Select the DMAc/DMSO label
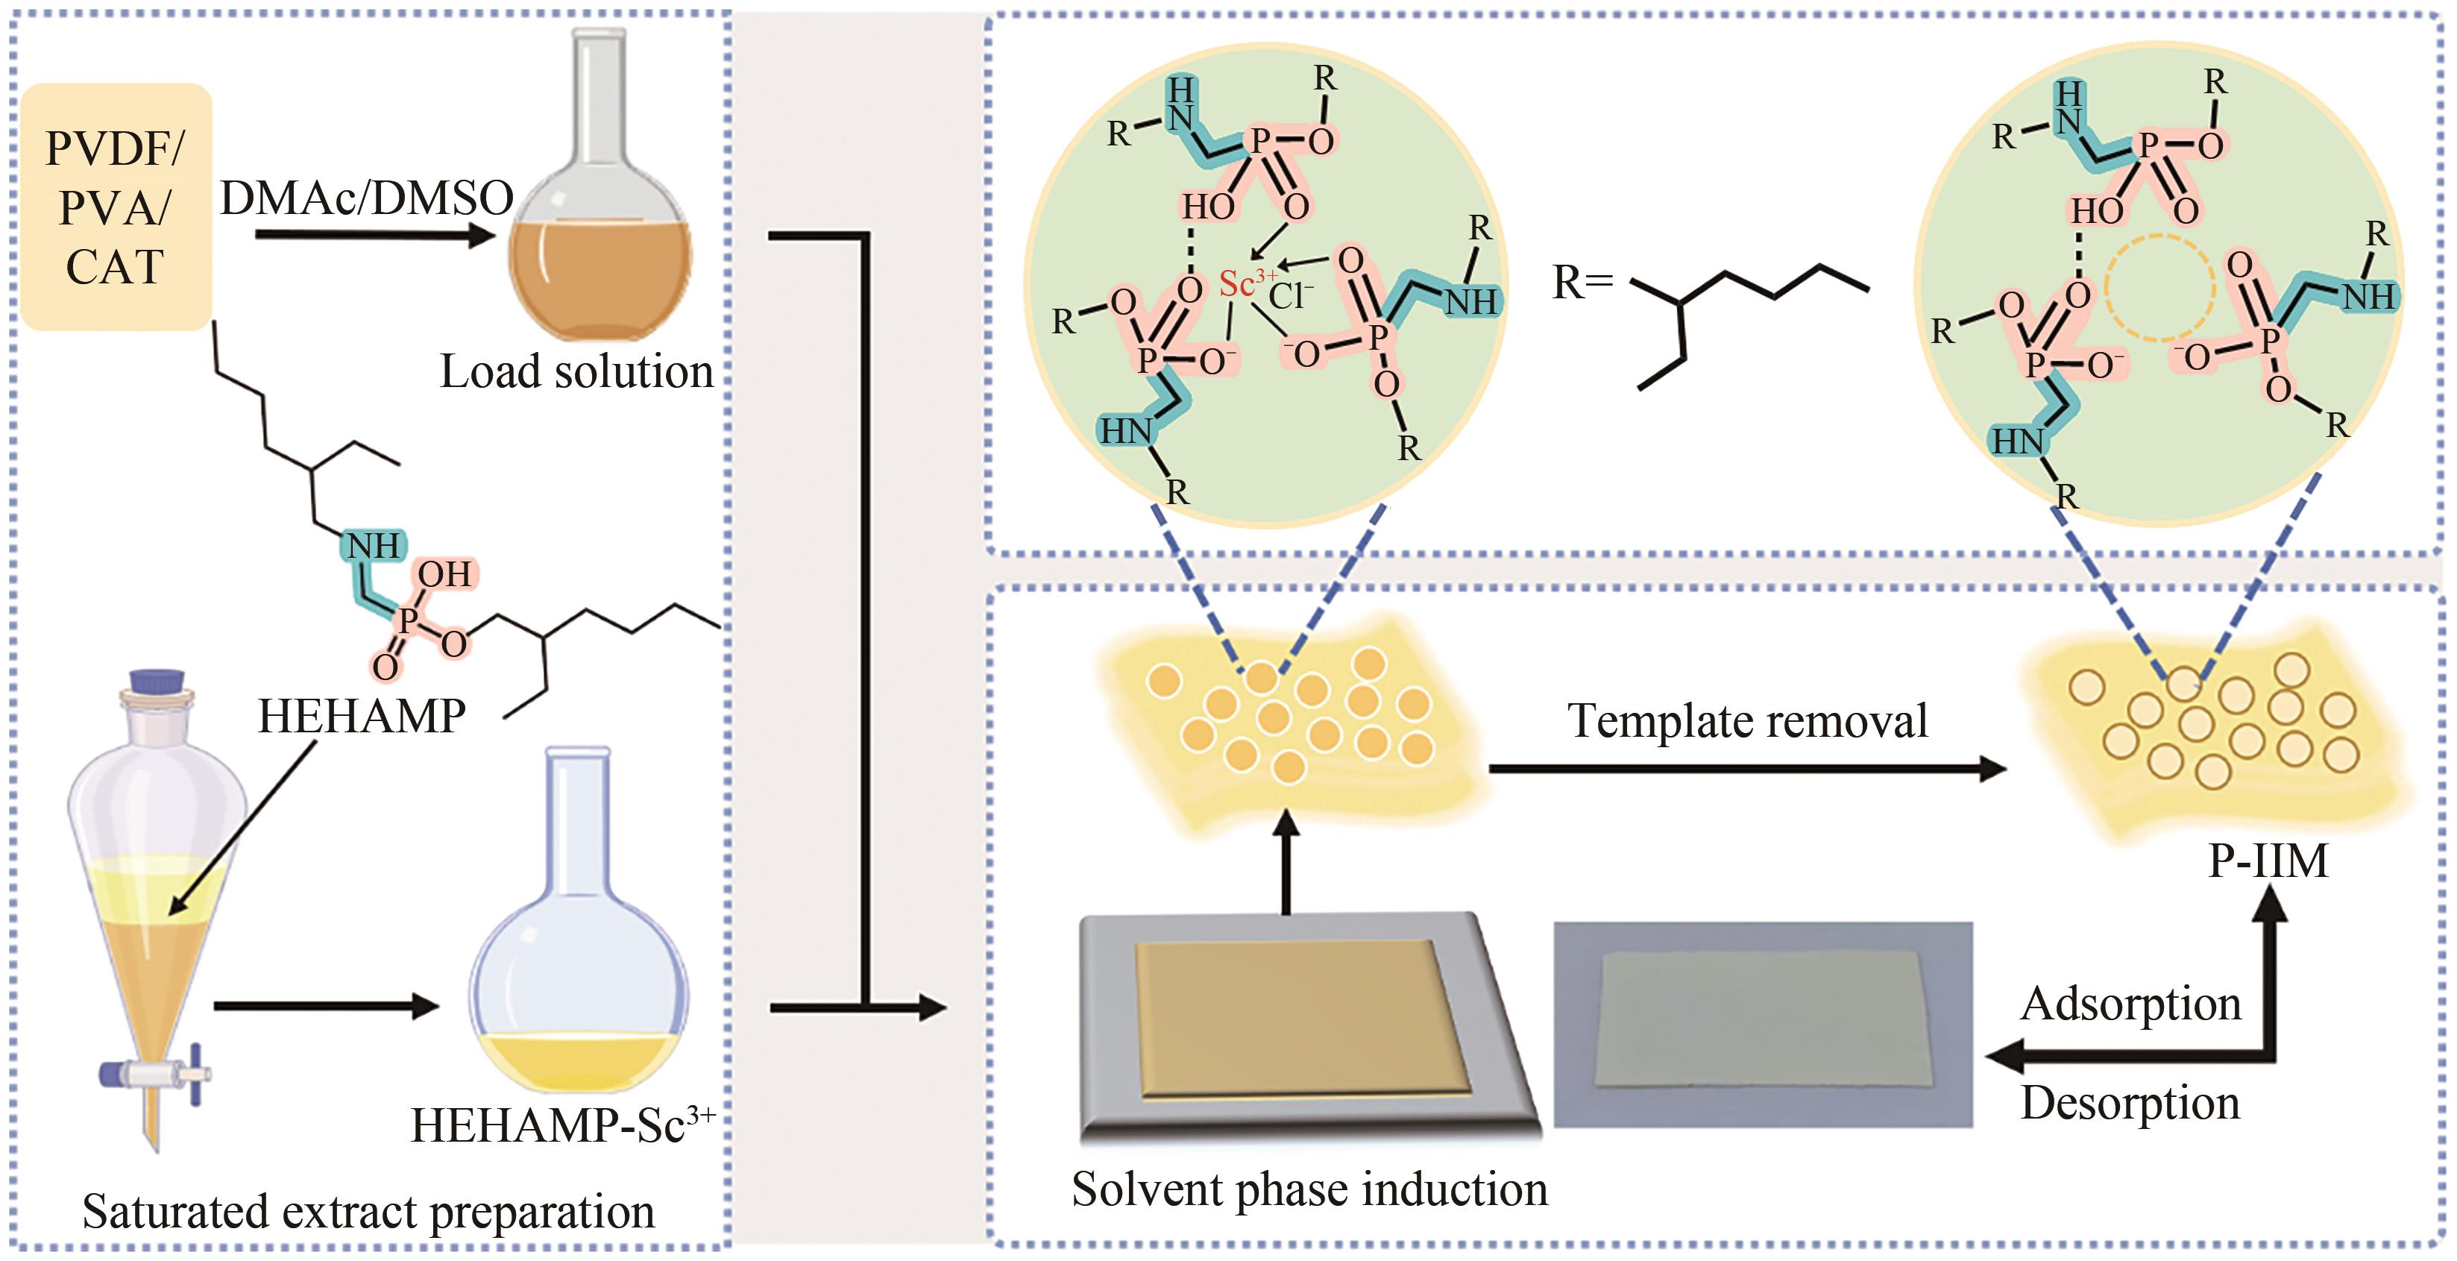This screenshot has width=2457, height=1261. [367, 198]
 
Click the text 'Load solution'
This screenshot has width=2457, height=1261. [576, 371]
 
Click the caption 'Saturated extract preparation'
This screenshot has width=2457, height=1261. [368, 1211]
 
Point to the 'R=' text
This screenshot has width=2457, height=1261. [1582, 283]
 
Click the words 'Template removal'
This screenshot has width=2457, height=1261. [1747, 720]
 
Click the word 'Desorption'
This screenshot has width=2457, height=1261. [2130, 1103]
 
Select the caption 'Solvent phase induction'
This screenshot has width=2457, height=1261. [1309, 1189]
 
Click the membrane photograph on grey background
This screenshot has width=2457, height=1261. [1763, 1023]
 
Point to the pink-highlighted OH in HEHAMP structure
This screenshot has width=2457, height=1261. [444, 573]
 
